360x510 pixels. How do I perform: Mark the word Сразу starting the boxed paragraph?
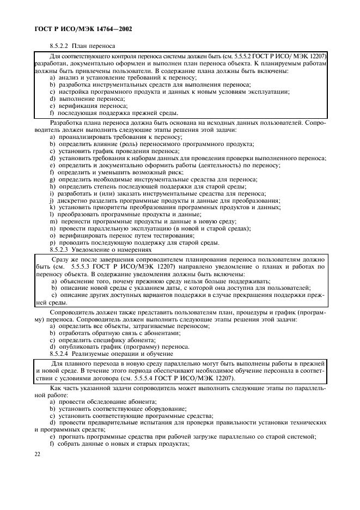(62, 260)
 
